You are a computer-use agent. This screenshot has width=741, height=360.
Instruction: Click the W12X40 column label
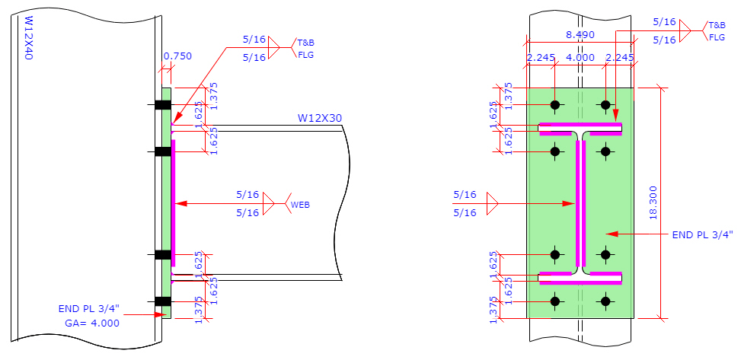pyautogui.click(x=28, y=39)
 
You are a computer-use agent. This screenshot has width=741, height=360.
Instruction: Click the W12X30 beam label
pyautogui.click(x=319, y=117)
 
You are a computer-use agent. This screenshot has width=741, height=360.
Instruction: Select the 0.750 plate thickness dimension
pyautogui.click(x=177, y=56)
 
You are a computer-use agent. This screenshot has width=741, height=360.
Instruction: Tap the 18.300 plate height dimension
pyautogui.click(x=673, y=202)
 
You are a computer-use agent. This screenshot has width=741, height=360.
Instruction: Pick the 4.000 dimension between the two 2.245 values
pyautogui.click(x=580, y=57)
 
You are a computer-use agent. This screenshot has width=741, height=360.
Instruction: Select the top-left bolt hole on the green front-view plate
pyautogui.click(x=555, y=104)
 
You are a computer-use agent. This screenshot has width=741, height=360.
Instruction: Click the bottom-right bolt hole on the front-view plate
pyautogui.click(x=605, y=302)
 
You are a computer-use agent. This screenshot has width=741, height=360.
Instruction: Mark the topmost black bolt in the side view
pyautogui.click(x=163, y=104)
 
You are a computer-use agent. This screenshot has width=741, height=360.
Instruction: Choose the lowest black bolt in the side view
pyautogui.click(x=163, y=302)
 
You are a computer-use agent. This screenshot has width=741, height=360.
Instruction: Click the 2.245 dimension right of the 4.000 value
pyautogui.click(x=619, y=57)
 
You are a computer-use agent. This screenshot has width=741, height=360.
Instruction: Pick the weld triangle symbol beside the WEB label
pyautogui.click(x=268, y=203)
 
